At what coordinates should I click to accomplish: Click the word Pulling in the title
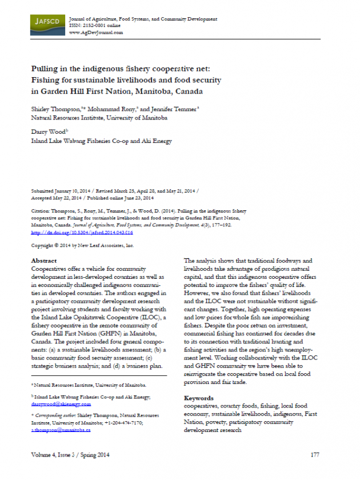(x=45, y=69)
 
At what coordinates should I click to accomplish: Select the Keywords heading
(x=199, y=397)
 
